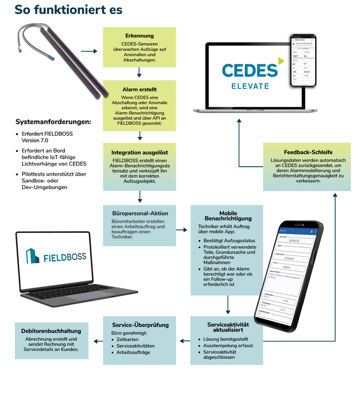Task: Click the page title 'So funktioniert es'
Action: click(68, 10)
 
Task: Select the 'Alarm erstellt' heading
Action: click(139, 89)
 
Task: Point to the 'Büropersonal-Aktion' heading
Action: click(139, 213)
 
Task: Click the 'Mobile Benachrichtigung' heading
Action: click(228, 216)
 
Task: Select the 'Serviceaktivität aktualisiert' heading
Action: click(228, 326)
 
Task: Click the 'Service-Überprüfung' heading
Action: click(139, 325)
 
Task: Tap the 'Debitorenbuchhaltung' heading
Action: click(51, 331)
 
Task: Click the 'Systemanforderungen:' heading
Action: click(53, 121)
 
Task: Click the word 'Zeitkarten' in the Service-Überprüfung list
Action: click(128, 339)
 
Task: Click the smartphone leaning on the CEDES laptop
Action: click(305, 62)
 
